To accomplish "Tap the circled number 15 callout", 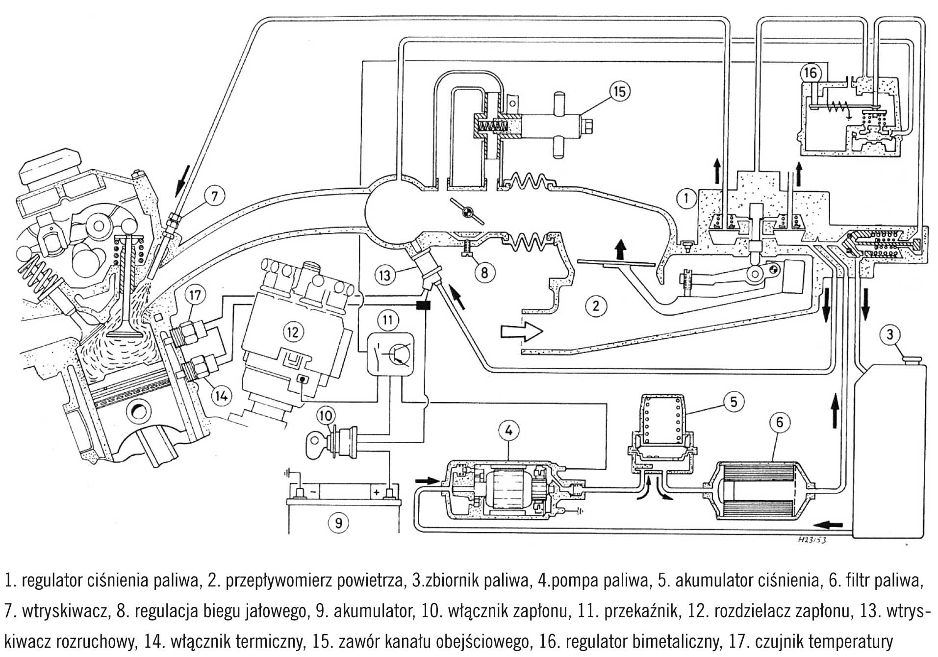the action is click(x=620, y=92).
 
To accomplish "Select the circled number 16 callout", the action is click(x=810, y=73).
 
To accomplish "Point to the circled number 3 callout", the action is click(x=890, y=335).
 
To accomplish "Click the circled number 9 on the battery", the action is click(x=338, y=523).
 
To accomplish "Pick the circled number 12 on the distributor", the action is click(x=293, y=332).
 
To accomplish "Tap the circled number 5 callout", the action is click(x=734, y=402).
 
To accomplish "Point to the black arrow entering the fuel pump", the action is click(x=425, y=480).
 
